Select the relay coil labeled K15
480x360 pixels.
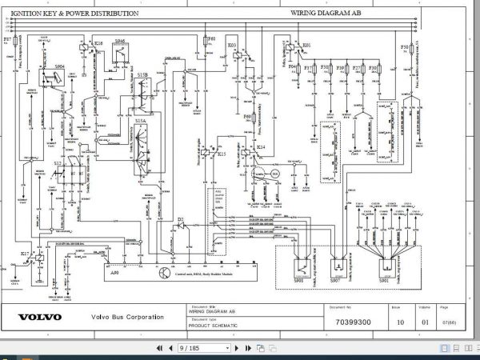tap(210, 152)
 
